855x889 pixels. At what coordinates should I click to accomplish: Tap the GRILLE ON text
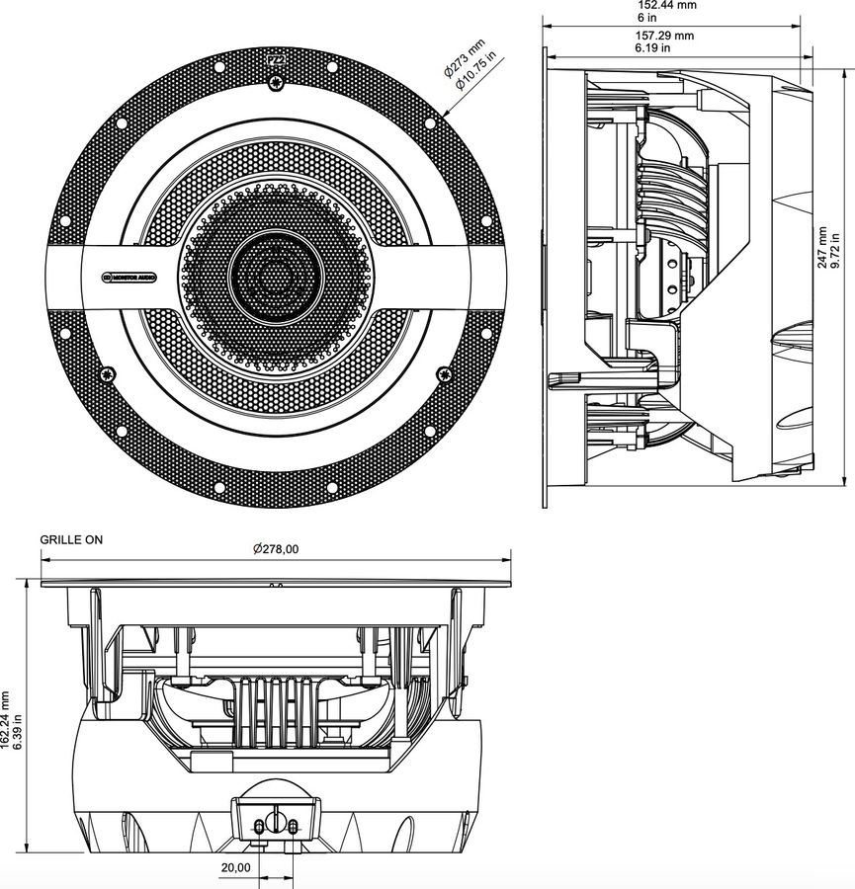pyautogui.click(x=71, y=540)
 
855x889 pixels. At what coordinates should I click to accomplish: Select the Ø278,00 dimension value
pyautogui.click(x=276, y=549)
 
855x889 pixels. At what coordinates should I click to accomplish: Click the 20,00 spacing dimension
pyautogui.click(x=234, y=867)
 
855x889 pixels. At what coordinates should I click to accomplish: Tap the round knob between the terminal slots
pyautogui.click(x=275, y=822)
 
